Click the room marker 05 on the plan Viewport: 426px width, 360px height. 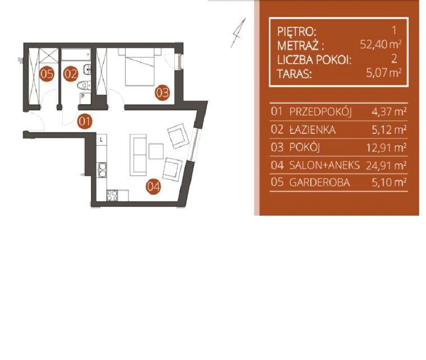47,74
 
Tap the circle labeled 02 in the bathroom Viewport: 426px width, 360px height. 70,74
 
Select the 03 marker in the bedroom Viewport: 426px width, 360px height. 162,93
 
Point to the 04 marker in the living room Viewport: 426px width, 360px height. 153,187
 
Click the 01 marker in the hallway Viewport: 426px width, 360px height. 84,121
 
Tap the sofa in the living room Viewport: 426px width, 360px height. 138,155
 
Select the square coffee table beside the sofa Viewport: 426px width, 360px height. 156,151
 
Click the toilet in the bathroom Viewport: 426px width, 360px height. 84,85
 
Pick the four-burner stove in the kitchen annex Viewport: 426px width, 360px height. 112,196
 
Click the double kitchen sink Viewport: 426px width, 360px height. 102,170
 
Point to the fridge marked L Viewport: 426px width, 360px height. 102,140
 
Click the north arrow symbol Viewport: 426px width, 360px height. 238,33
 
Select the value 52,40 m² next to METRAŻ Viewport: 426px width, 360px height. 380,44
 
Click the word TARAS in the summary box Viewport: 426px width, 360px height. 294,74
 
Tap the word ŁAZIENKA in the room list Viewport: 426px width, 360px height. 312,130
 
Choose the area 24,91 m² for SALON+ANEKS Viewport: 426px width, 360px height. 386,165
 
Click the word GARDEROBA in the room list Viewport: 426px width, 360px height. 319,182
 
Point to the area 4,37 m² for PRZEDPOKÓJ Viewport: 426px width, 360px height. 389,112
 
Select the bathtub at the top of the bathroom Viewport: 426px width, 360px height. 76,55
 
